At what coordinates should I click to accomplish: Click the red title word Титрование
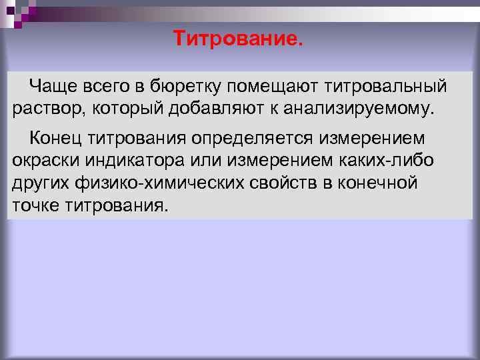[238, 39]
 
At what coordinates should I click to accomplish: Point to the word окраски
[43, 161]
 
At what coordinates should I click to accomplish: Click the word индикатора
[130, 161]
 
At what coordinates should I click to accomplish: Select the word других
[39, 182]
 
